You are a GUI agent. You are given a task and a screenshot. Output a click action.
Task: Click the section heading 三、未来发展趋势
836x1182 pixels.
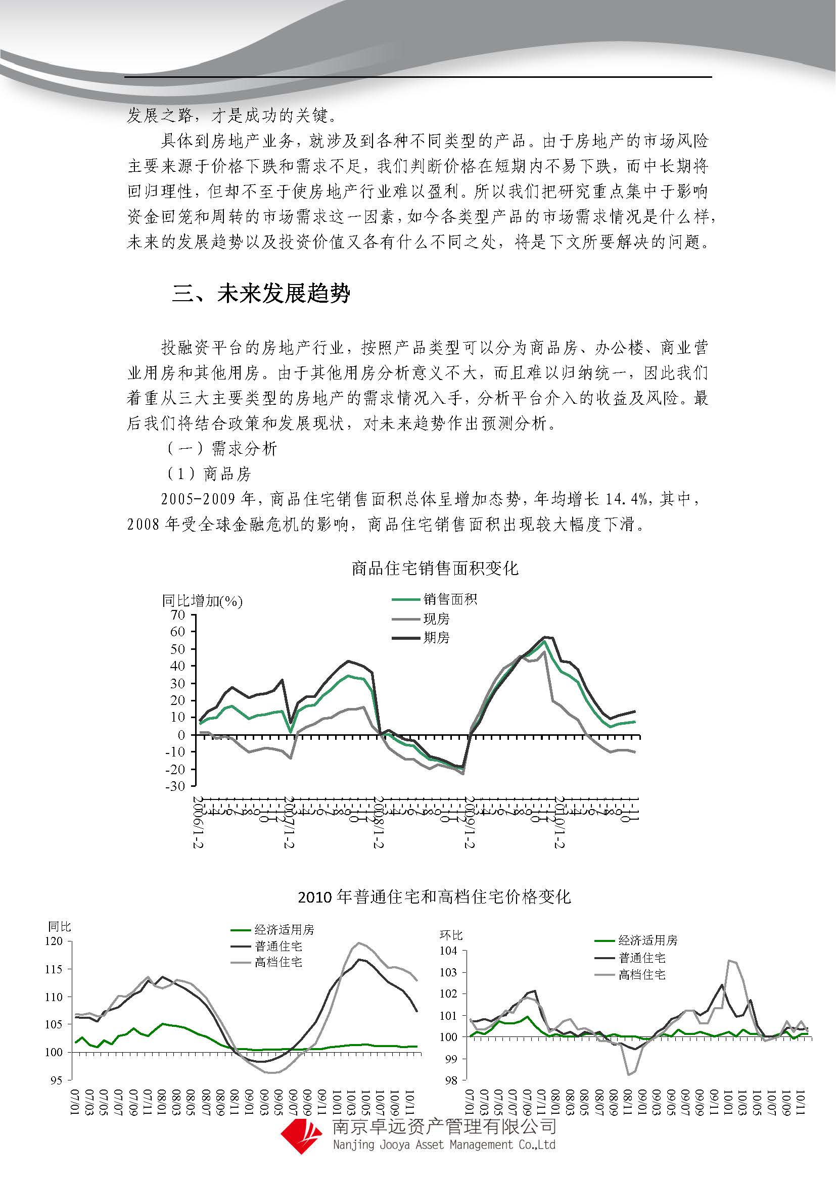[261, 294]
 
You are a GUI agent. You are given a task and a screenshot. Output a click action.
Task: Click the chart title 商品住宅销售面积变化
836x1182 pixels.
[435, 569]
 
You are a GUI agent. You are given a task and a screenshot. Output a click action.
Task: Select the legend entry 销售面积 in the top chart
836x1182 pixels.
[450, 599]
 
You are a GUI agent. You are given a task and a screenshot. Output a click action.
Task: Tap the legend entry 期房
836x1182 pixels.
[436, 638]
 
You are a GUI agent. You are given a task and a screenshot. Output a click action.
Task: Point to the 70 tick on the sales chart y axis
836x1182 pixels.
[177, 614]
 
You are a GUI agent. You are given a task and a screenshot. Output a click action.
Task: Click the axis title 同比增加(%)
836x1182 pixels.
[202, 601]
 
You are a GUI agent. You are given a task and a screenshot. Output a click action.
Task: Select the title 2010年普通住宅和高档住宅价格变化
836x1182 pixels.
[434, 897]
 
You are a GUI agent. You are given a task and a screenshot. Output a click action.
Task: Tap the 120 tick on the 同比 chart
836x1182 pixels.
[54, 940]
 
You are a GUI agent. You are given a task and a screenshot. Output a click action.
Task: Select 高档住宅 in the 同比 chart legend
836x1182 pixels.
[278, 962]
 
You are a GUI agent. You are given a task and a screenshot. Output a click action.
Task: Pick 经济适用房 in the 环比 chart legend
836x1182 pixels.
[647, 940]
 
